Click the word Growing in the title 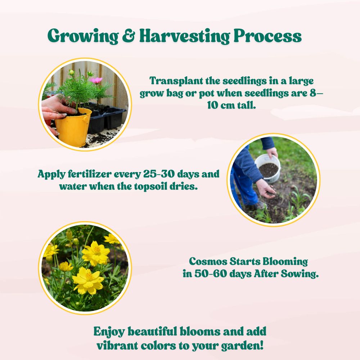point(83,36)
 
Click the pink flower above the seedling point(96,80)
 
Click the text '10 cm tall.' point(231,105)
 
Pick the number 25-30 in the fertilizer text point(159,174)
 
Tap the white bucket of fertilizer point(268,168)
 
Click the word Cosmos point(208,261)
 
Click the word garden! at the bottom point(242,346)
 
